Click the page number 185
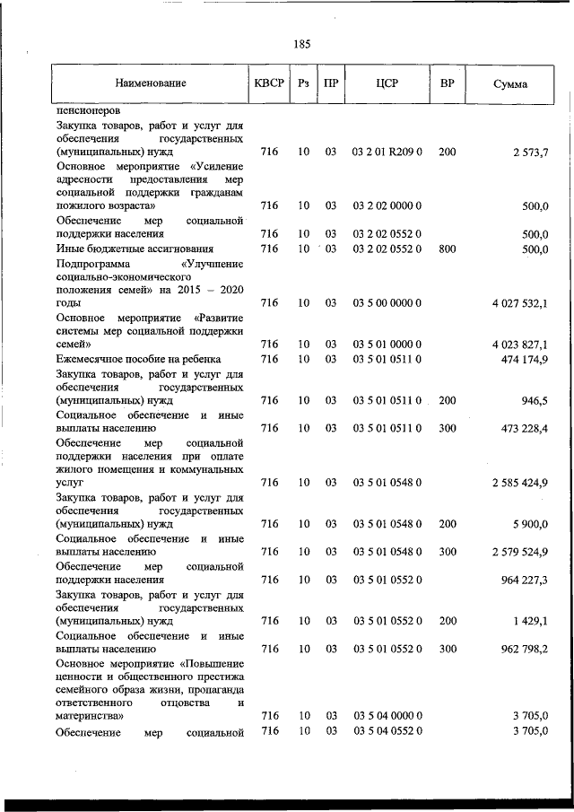(301, 43)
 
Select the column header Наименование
(150, 83)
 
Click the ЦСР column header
(387, 83)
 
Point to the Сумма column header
(510, 84)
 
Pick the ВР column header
(447, 83)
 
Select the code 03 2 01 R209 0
(387, 153)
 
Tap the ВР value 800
(447, 249)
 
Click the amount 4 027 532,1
(519, 304)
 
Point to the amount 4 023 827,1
(519, 345)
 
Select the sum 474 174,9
(524, 359)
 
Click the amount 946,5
(534, 400)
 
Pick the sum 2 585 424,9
(519, 483)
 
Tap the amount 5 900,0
(530, 524)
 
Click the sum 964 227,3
(524, 579)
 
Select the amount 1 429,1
(530, 620)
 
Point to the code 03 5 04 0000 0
(387, 716)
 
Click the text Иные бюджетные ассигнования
(134, 249)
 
